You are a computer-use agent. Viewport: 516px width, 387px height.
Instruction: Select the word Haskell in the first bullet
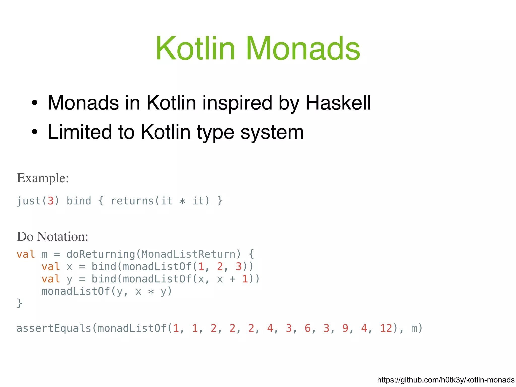click(x=338, y=103)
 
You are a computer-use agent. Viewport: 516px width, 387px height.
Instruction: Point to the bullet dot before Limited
click(x=35, y=132)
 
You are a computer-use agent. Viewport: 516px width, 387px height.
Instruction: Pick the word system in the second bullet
click(x=272, y=132)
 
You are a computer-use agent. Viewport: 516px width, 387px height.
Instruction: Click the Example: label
click(x=43, y=178)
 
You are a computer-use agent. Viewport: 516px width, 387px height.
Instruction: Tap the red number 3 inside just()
click(x=51, y=201)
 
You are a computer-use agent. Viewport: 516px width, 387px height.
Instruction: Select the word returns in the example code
click(x=132, y=201)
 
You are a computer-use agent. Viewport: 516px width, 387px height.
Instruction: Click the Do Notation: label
click(x=52, y=237)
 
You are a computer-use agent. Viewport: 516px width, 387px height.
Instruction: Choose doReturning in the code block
click(x=101, y=254)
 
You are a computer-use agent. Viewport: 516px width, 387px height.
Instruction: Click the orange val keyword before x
click(x=51, y=266)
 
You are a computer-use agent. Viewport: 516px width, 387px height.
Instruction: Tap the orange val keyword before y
click(x=51, y=279)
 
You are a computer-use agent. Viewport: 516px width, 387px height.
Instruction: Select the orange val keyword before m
click(x=26, y=254)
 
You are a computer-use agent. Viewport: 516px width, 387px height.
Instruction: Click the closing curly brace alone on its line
click(x=19, y=303)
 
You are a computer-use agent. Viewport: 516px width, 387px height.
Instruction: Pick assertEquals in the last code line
click(x=54, y=328)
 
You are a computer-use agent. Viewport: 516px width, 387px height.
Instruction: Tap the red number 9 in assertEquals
click(x=345, y=328)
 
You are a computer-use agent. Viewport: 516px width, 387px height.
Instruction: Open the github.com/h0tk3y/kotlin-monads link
click(x=445, y=380)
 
